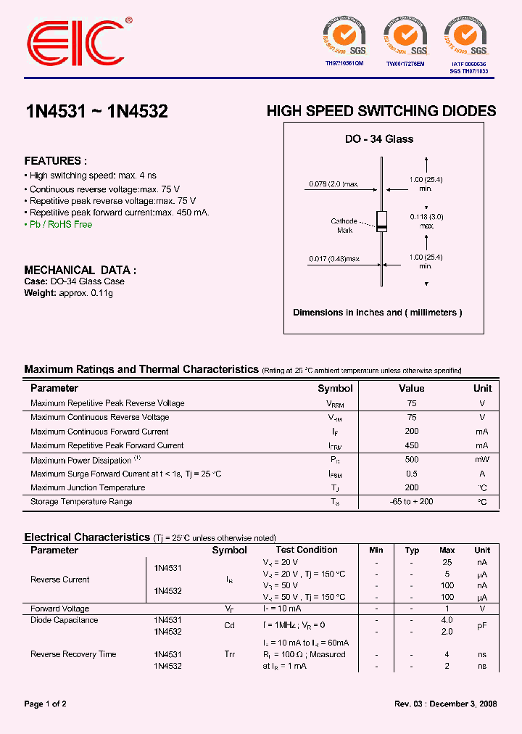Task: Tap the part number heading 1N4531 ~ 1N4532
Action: [x=96, y=112]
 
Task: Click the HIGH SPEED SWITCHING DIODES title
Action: [x=381, y=112]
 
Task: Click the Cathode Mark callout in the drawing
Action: [x=344, y=226]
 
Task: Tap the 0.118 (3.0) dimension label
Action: [x=426, y=217]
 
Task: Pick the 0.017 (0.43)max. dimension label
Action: [x=333, y=258]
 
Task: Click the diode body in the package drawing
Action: [x=381, y=221]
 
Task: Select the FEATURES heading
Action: [x=56, y=161]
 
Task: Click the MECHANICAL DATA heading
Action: [x=80, y=270]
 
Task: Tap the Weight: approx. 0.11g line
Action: [x=69, y=293]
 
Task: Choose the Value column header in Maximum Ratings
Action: [x=411, y=389]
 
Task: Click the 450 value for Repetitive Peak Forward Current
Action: [x=412, y=445]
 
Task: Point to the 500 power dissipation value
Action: [x=412, y=459]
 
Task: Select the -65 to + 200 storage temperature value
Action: [x=412, y=502]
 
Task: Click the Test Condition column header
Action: [x=307, y=550]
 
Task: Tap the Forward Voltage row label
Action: [x=59, y=609]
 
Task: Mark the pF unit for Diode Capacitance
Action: [x=482, y=626]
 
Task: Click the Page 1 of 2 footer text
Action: [x=45, y=704]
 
